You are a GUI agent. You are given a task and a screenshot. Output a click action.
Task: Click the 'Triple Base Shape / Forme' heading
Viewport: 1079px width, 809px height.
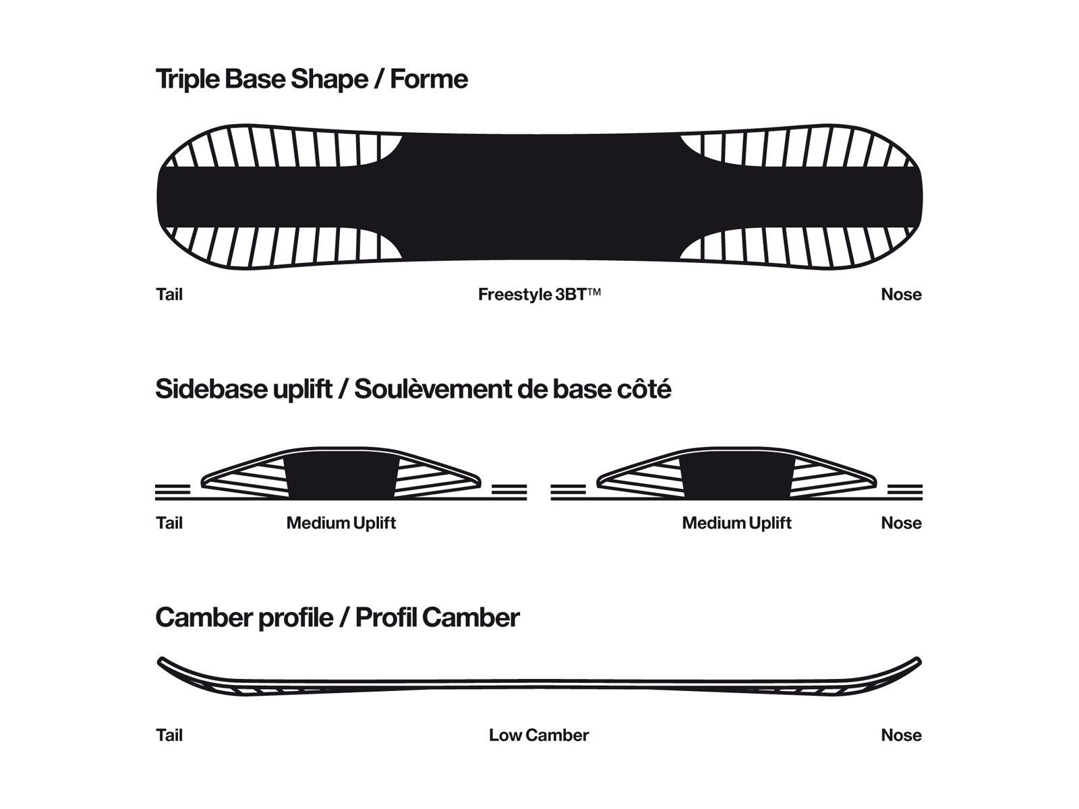coord(311,79)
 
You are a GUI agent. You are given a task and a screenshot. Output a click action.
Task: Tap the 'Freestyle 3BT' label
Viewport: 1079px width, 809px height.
coord(539,295)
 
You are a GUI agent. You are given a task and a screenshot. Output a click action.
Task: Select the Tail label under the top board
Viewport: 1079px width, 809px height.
coord(169,295)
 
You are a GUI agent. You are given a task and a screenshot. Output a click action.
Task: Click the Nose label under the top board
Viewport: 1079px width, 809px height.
coord(901,295)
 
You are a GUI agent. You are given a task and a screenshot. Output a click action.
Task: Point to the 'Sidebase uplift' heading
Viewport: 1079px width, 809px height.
coord(243,390)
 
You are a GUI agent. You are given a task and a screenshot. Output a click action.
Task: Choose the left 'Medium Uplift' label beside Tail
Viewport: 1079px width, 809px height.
coord(341,523)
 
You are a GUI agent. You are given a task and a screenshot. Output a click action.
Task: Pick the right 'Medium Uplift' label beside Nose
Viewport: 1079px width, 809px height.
coord(736,523)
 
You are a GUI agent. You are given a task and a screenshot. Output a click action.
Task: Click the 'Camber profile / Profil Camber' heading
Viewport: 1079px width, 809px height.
coord(337,618)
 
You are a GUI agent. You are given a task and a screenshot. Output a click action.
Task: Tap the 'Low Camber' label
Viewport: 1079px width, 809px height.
coord(539,736)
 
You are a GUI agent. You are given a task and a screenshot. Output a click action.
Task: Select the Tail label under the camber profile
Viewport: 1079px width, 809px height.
coord(169,736)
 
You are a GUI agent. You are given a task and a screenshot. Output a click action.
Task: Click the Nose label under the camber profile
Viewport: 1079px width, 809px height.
coord(901,736)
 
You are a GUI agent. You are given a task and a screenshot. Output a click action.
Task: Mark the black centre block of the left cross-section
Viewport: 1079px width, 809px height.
coord(341,477)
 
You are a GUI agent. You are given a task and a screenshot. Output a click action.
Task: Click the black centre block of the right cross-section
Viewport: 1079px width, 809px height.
coord(736,477)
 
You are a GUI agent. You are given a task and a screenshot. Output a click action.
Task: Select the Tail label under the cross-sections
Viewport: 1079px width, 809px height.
coord(169,523)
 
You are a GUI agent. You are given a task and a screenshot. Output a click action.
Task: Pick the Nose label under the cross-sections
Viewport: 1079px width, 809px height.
coord(901,523)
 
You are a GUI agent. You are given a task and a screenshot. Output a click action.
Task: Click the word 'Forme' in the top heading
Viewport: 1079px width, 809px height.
coord(429,79)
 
